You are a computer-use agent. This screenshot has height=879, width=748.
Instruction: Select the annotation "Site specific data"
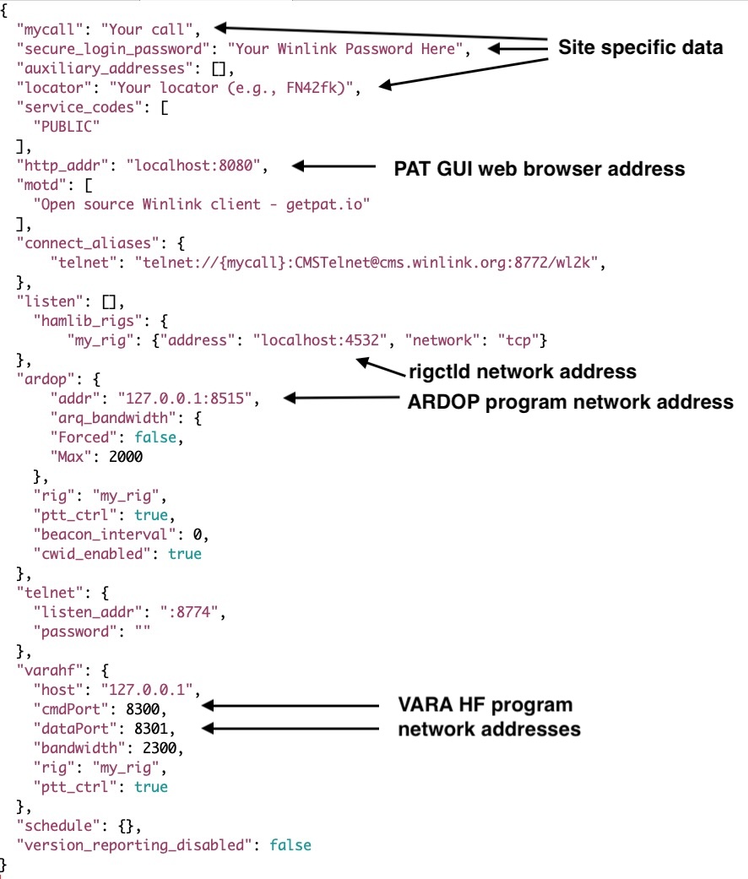(640, 48)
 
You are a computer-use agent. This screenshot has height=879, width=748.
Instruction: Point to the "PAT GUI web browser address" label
(539, 169)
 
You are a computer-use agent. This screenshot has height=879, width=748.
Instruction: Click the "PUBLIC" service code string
(67, 127)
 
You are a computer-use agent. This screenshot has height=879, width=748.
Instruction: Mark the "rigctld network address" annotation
(523, 371)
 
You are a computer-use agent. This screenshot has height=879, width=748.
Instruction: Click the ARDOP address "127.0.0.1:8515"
(184, 397)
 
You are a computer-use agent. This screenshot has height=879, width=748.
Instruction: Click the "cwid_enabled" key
(89, 554)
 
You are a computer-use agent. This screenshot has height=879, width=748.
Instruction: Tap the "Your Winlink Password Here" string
(347, 50)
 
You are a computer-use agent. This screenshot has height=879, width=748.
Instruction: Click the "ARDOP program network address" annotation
(571, 402)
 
